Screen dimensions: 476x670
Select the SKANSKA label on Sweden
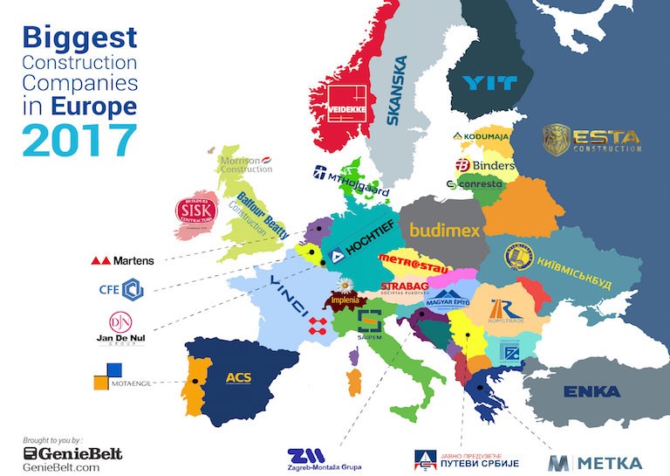pos(400,91)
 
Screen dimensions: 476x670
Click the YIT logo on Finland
pos(489,83)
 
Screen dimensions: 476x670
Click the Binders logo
pos(483,165)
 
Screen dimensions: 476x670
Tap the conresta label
pos(475,185)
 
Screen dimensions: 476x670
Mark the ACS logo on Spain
pos(238,377)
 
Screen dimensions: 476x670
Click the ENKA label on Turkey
pos(591,391)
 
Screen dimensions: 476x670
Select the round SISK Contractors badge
pos(196,210)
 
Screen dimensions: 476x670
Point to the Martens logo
pos(123,260)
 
